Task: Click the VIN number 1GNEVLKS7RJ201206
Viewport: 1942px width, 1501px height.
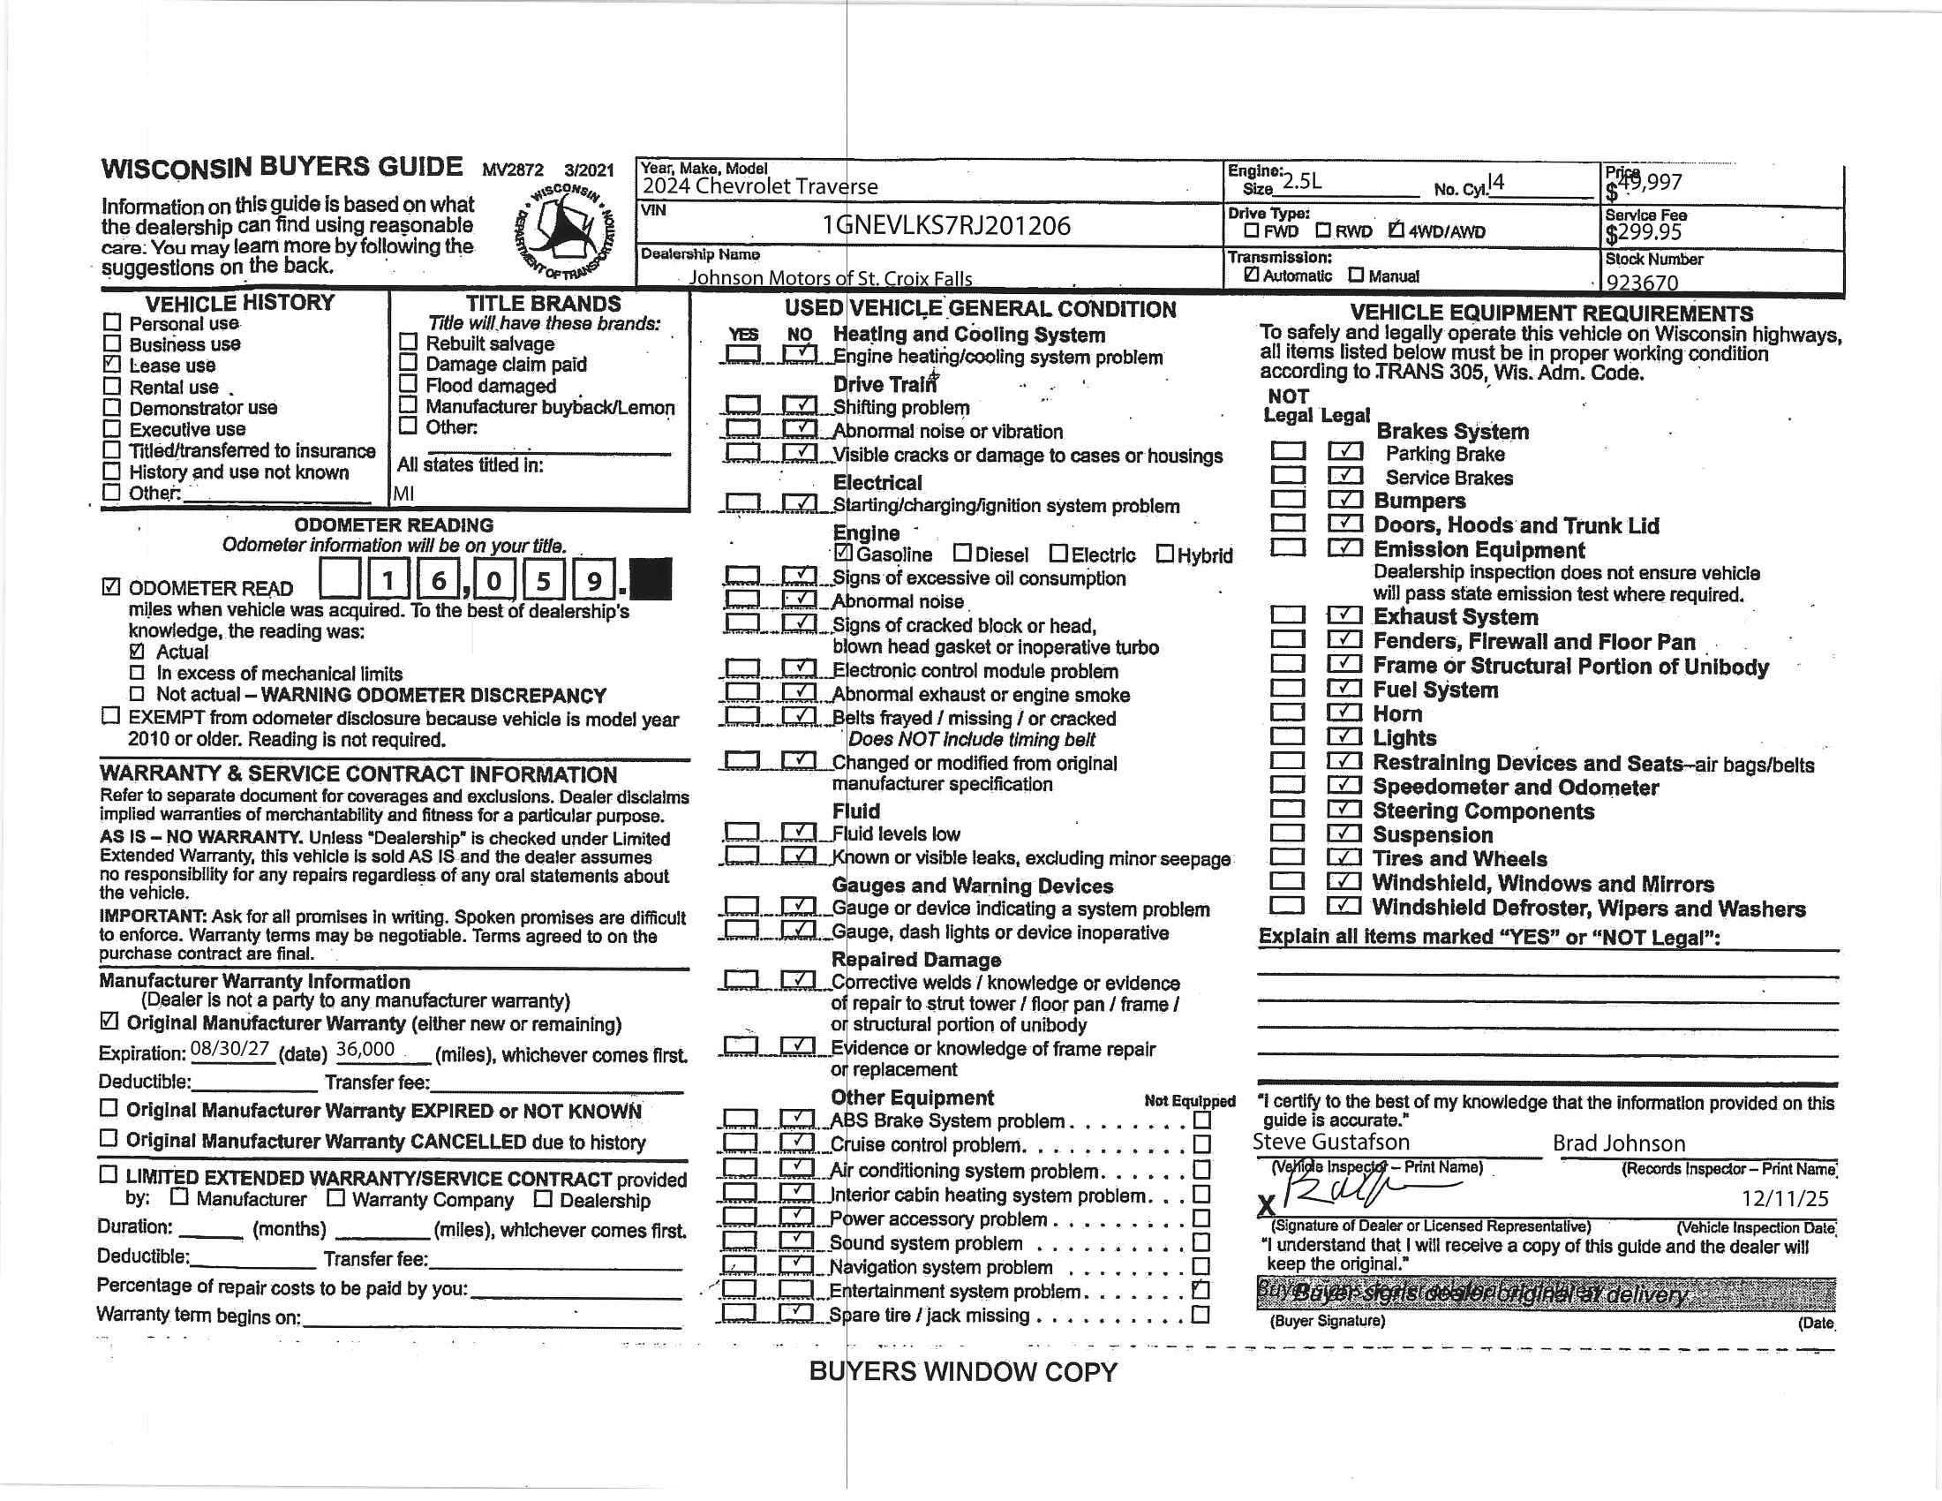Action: click(946, 226)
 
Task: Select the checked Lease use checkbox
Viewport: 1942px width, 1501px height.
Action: click(112, 364)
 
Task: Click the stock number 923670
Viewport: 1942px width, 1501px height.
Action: click(1642, 283)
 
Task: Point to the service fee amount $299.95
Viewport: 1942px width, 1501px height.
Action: click(1644, 233)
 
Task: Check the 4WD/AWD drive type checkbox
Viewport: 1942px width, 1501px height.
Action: click(1396, 230)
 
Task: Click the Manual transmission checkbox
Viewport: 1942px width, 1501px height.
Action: click(1355, 275)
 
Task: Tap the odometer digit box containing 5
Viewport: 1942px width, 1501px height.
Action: click(542, 582)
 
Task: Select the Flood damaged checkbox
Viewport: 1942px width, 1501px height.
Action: click(408, 384)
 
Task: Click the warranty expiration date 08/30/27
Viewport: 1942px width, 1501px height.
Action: click(230, 1049)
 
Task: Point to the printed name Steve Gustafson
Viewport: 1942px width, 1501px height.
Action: click(1331, 1142)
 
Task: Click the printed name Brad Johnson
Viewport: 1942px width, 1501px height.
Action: click(1618, 1143)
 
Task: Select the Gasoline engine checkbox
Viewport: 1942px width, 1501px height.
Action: click(844, 553)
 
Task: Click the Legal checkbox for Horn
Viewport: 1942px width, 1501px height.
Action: click(1344, 713)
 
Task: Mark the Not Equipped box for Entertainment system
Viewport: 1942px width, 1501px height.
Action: click(1201, 1289)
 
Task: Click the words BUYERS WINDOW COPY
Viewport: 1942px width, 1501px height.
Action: click(962, 1372)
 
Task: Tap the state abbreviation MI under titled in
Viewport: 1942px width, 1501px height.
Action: click(403, 494)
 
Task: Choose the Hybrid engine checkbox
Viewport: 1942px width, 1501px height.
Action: click(1164, 554)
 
